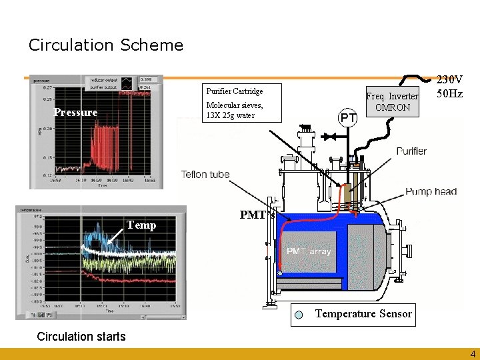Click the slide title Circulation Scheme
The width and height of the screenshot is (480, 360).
point(105,45)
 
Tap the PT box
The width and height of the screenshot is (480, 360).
point(347,118)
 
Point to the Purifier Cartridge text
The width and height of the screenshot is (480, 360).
point(235,91)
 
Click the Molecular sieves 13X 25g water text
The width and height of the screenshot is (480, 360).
point(235,110)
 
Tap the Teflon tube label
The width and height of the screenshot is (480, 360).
point(205,175)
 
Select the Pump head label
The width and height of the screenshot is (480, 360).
point(431,191)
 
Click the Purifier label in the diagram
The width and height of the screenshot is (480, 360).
point(411,151)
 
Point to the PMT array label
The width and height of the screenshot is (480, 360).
point(309,251)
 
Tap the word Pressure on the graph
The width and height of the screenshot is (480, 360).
point(75,113)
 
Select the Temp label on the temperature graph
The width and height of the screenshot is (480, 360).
point(142,225)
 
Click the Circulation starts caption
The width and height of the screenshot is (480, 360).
point(81,336)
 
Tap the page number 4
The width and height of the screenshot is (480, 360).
point(473,353)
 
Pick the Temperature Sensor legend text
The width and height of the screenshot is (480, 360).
point(363,313)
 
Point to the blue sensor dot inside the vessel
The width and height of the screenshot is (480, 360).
point(281,273)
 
